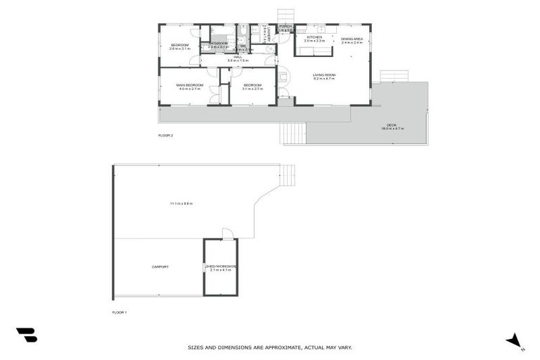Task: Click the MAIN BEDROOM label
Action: pyautogui.click(x=189, y=85)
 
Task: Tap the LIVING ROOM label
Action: pyautogui.click(x=323, y=75)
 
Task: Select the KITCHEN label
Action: pyautogui.click(x=314, y=37)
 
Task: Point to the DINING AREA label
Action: pyautogui.click(x=352, y=39)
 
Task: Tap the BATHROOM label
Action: pyautogui.click(x=218, y=44)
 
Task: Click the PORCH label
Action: pyautogui.click(x=285, y=27)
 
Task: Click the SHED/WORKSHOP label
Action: pyautogui.click(x=221, y=266)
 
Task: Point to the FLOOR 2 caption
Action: pyautogui.click(x=165, y=135)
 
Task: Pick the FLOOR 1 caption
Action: pyautogui.click(x=120, y=311)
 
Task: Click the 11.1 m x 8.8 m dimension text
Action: pyautogui.click(x=181, y=203)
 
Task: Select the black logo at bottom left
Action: pyautogui.click(x=26, y=335)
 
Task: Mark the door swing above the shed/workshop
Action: pyautogui.click(x=227, y=234)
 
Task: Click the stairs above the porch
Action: pyautogui.click(x=285, y=15)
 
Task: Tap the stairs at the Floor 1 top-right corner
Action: pyautogui.click(x=288, y=175)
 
